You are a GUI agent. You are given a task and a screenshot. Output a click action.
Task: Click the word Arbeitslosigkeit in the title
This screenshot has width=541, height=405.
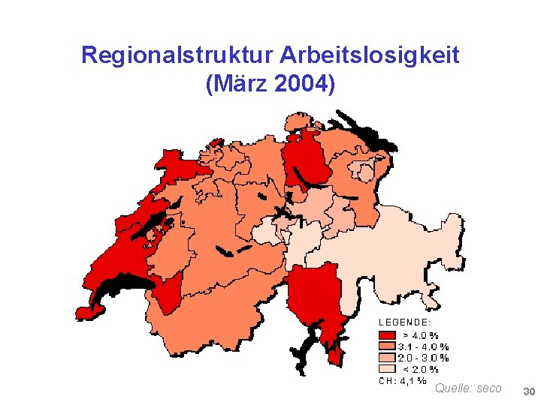click(x=369, y=55)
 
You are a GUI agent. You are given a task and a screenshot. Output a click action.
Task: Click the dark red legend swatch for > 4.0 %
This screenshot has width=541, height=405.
click(x=386, y=335)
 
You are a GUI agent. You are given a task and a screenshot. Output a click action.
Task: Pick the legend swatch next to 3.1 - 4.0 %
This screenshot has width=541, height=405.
click(x=386, y=346)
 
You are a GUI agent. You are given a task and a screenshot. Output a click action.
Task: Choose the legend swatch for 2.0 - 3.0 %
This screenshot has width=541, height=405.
click(x=386, y=358)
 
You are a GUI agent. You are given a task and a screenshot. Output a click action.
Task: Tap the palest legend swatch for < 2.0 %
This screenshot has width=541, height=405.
click(x=386, y=369)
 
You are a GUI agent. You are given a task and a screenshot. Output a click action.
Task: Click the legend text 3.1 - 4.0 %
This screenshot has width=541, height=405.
click(x=423, y=346)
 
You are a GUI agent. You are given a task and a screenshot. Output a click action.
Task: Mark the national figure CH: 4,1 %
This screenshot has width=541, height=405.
click(x=402, y=380)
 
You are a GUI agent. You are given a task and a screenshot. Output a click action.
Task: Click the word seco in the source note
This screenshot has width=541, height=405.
click(x=489, y=388)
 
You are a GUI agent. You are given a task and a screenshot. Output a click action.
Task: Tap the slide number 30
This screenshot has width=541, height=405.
click(x=528, y=392)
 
